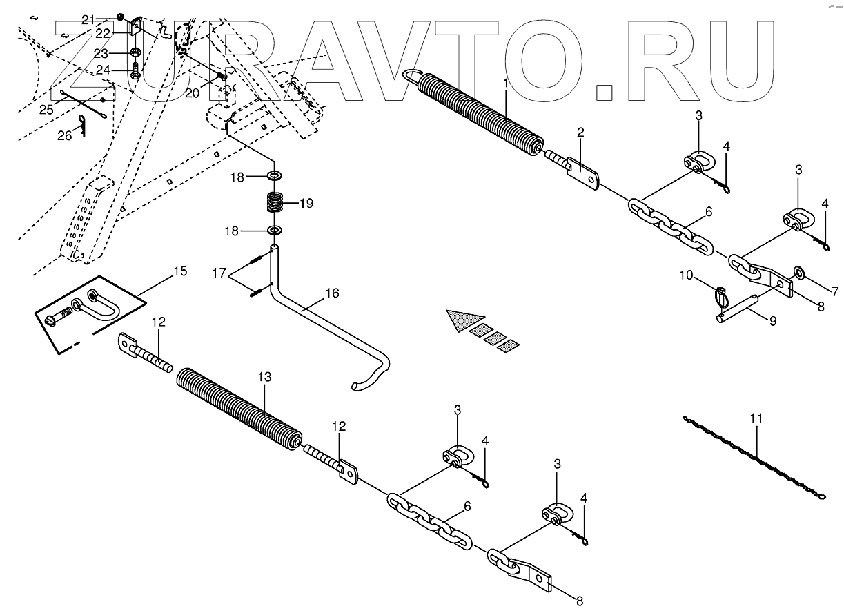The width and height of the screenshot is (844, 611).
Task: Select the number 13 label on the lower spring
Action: point(265,378)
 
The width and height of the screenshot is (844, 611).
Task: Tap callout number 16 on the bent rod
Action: point(332,293)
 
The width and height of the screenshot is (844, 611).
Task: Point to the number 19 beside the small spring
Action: point(306,204)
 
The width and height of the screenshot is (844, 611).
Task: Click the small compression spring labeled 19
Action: point(275,204)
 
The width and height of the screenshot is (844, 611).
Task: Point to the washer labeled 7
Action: point(800,271)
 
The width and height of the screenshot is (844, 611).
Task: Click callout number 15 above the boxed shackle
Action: point(179,271)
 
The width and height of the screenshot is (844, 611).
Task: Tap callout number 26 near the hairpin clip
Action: point(64,136)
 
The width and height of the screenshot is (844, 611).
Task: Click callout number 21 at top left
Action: point(88,20)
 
